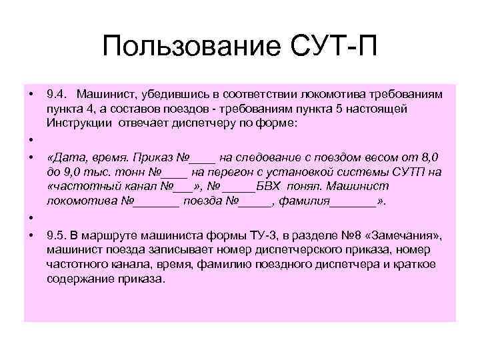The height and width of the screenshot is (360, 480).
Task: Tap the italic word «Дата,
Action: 64,157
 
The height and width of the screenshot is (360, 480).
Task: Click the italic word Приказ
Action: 151,157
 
